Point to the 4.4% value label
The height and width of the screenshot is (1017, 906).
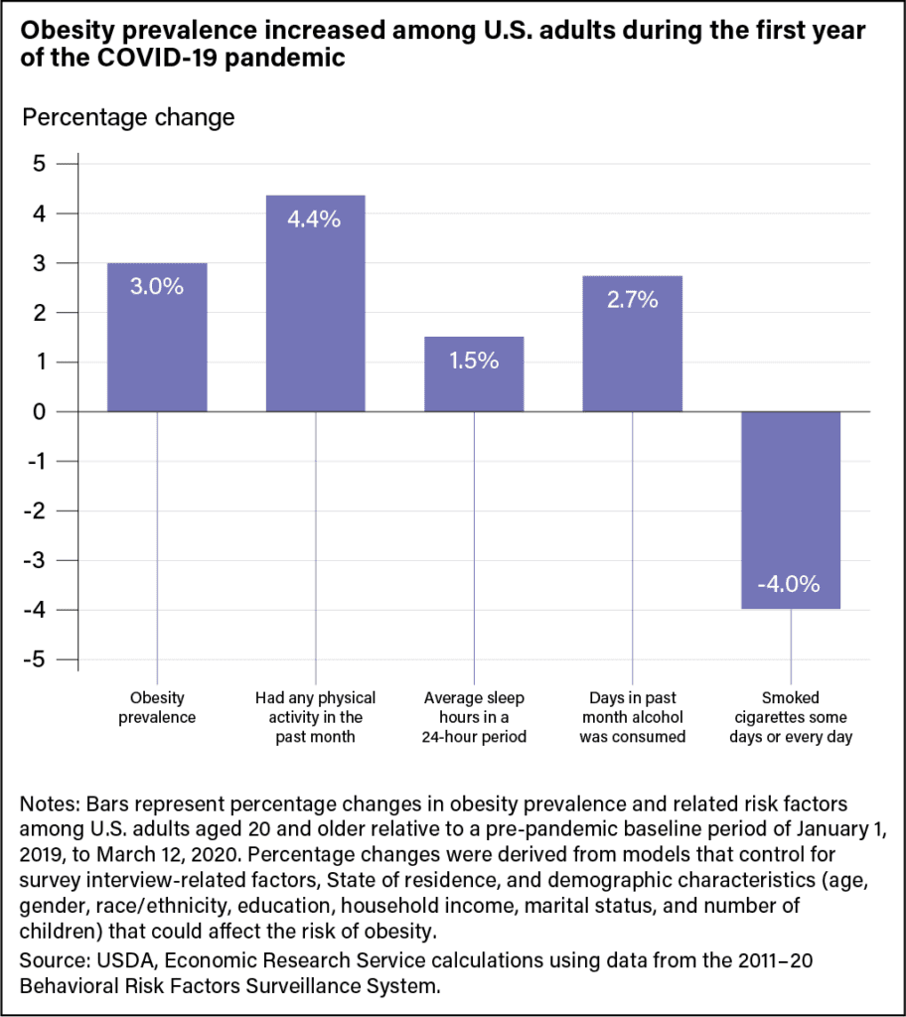point(315,219)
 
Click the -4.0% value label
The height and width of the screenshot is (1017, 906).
point(790,584)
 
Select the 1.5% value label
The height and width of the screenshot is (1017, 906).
point(474,361)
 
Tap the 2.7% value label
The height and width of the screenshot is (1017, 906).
point(632,299)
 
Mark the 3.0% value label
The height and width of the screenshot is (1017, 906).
point(157,287)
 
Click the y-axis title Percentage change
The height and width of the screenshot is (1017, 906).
point(128,117)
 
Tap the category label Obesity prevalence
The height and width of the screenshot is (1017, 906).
point(157,707)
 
